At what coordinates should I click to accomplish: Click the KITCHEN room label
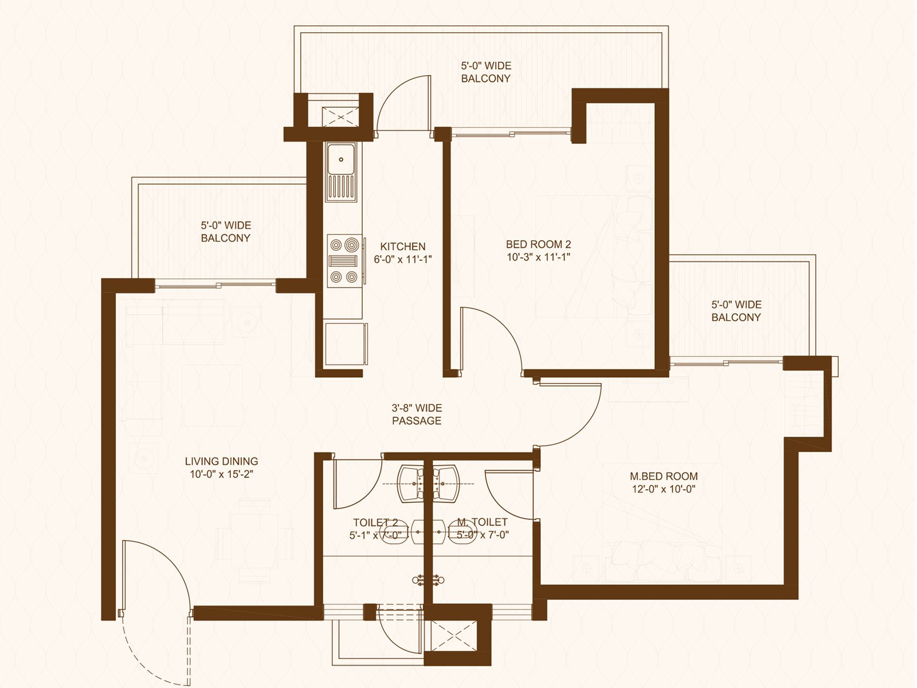pos(403,247)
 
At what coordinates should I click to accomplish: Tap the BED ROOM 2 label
pos(538,244)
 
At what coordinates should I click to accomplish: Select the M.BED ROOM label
pos(664,476)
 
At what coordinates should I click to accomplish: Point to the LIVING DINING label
pos(221,461)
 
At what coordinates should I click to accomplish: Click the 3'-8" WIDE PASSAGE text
pos(417,414)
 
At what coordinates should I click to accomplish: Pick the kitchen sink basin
pos(341,159)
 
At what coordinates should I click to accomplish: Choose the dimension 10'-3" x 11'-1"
pos(538,257)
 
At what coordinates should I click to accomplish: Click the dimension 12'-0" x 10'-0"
pos(664,489)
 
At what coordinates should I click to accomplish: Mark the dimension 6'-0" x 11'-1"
pos(403,259)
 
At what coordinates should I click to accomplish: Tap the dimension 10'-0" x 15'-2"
pos(221,474)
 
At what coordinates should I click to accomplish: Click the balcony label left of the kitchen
pos(226,232)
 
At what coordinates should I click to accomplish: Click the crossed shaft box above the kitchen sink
pos(340,116)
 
